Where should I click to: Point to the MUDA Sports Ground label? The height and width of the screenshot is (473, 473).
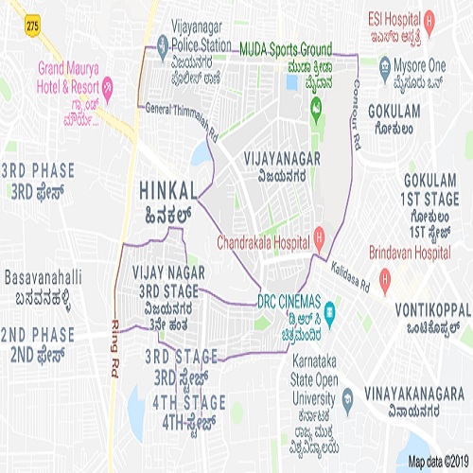pos(285,47)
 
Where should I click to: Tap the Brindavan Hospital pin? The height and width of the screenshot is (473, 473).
pos(385,279)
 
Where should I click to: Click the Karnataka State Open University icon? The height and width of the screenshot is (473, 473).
pos(300,395)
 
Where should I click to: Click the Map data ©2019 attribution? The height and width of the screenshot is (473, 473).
pos(437,461)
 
